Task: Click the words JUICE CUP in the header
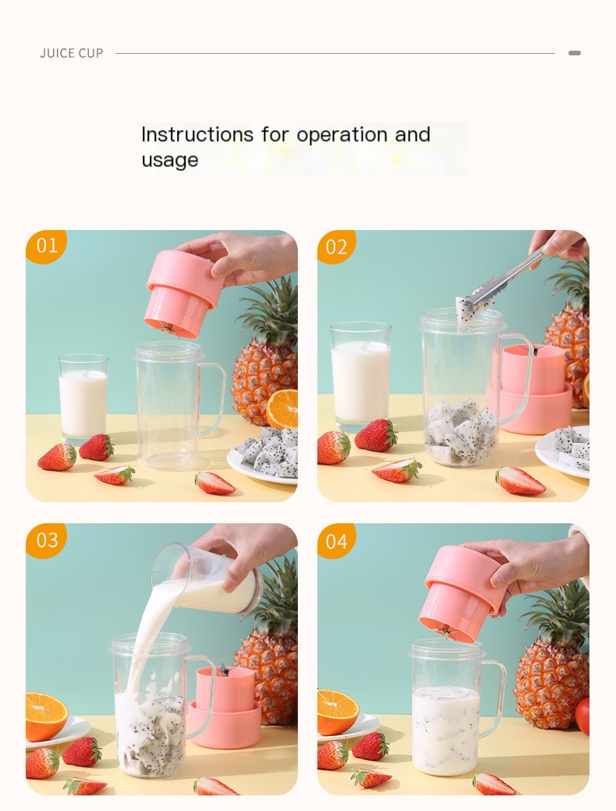pyautogui.click(x=72, y=54)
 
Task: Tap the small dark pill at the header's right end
pyautogui.click(x=575, y=53)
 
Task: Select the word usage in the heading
pyautogui.click(x=170, y=161)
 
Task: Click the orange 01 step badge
pyautogui.click(x=46, y=246)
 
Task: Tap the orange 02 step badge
pyautogui.click(x=336, y=246)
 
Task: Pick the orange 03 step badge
pyautogui.click(x=46, y=540)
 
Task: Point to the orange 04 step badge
pyautogui.click(x=336, y=540)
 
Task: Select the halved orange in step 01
pyautogui.click(x=283, y=409)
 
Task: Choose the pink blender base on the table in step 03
pyautogui.click(x=225, y=706)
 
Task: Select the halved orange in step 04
pyautogui.click(x=337, y=711)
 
